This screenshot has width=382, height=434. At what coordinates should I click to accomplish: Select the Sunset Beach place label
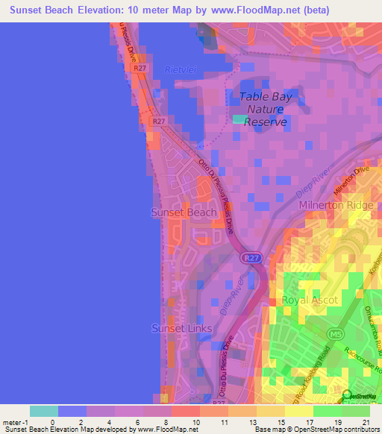[x=184, y=213]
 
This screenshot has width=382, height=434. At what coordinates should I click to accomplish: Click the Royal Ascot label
[x=310, y=301]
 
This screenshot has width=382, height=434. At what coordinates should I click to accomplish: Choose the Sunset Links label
[x=181, y=328]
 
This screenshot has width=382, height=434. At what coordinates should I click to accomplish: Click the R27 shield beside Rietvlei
[x=139, y=68]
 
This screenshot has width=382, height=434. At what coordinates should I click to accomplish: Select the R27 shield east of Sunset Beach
[x=250, y=258]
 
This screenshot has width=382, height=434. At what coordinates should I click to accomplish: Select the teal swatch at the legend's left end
[x=44, y=410]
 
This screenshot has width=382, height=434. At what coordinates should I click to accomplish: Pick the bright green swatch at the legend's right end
[x=355, y=410]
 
